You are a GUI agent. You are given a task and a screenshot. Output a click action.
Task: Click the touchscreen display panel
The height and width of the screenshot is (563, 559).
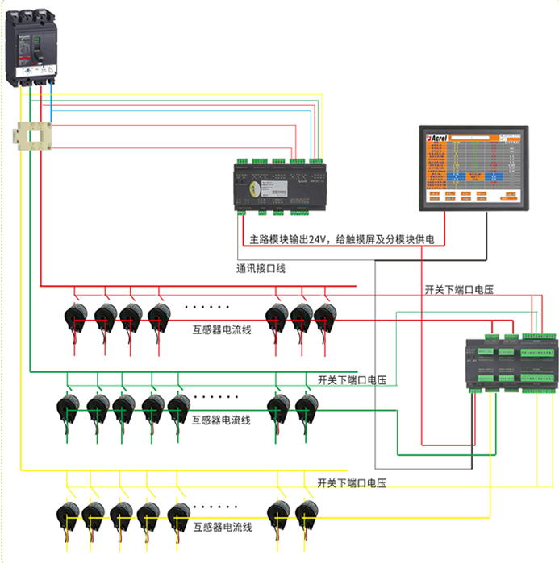pos(474,168)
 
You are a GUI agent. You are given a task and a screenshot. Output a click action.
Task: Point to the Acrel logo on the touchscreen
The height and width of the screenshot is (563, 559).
pos(438,139)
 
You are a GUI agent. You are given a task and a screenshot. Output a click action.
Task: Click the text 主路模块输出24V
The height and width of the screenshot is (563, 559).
pos(290,239)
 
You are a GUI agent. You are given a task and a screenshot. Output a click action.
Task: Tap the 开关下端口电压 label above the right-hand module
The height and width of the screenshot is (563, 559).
pos(458,288)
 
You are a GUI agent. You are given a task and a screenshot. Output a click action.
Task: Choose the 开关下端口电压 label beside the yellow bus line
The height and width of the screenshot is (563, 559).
pos(352,483)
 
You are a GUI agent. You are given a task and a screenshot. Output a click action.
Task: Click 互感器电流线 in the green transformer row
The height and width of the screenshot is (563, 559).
pos(222,420)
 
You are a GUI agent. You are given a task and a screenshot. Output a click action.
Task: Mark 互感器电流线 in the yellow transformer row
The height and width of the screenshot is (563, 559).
pos(223,528)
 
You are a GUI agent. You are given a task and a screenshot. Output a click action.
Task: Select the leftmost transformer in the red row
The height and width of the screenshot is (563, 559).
pos(77,318)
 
